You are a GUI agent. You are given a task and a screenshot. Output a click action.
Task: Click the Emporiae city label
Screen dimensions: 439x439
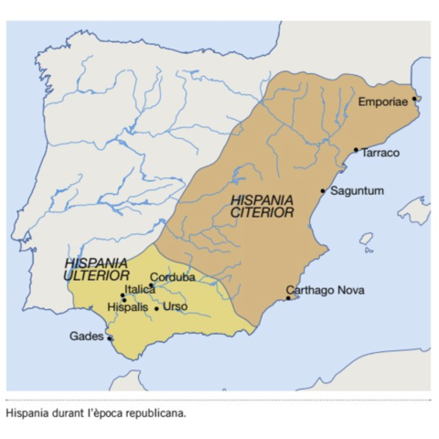pos(385,101)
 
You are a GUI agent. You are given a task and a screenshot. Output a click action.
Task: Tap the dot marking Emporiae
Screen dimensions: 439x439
pos(414,98)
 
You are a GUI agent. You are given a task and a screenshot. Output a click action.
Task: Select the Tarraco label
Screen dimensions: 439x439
pos(380,153)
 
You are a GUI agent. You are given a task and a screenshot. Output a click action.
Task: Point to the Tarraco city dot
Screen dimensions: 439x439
pos(356,150)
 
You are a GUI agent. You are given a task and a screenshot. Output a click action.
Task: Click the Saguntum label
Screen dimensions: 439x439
pos(356,190)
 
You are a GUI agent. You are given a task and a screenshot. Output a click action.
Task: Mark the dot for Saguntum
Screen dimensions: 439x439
pos(323,191)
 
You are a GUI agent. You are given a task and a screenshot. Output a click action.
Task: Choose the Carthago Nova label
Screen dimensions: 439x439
pos(326,290)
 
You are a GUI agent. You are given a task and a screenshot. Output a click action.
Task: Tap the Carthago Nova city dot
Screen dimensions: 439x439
pos(288,297)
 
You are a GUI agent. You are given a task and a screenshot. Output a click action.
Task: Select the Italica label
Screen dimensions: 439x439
pos(140,289)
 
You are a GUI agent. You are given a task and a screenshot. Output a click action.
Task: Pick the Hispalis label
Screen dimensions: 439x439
pos(128,306)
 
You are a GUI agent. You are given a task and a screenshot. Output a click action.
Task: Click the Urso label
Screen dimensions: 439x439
pos(174,306)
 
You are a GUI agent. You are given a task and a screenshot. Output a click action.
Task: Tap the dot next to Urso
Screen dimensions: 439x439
pos(156,308)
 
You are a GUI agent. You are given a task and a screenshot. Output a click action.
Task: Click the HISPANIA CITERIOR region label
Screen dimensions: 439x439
pos(262,205)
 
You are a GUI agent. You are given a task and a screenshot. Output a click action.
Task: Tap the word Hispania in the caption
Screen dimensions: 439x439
pos(27,413)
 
